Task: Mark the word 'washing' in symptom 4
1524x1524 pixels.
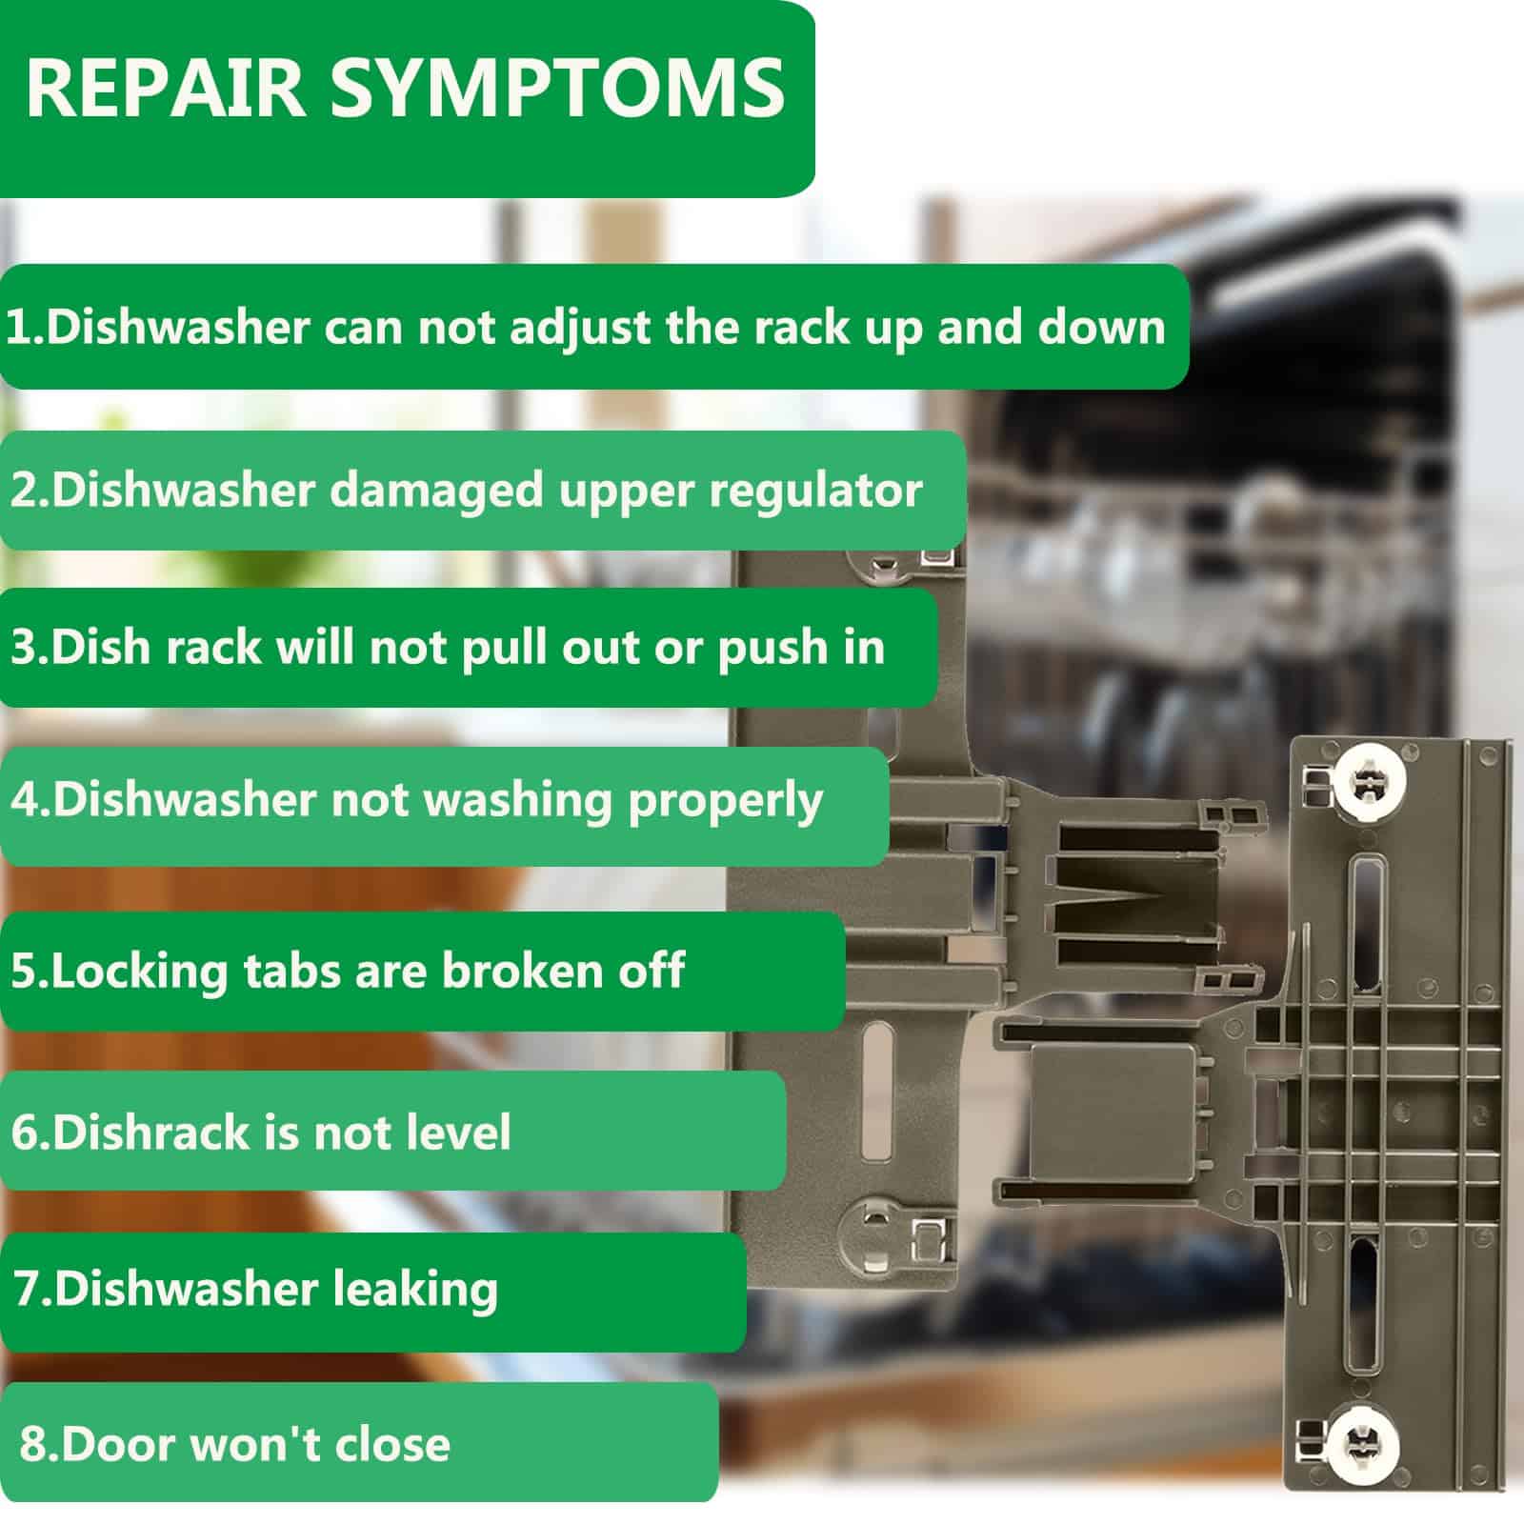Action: pos(515,801)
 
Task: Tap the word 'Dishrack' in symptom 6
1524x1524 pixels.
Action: pos(153,1133)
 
